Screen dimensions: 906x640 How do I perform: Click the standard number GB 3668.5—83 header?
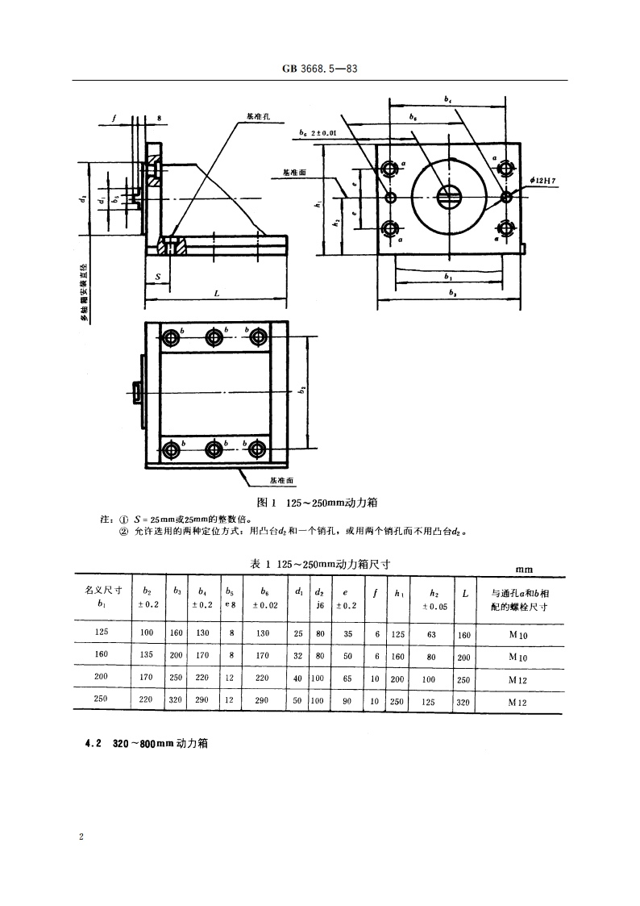point(320,69)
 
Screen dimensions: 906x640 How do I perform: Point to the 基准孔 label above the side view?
point(257,116)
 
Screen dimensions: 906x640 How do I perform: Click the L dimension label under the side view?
point(216,294)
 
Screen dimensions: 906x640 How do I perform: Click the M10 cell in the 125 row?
point(518,635)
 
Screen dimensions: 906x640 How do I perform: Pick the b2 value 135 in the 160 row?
point(146,656)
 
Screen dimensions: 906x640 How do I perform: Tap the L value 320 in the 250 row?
point(463,701)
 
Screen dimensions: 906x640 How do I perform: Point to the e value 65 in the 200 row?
point(347,678)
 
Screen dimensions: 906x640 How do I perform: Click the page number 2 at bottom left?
point(81,837)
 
